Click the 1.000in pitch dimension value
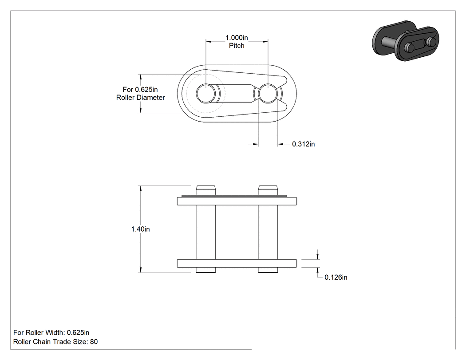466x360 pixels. pyautogui.click(x=237, y=38)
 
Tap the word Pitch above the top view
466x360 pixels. pyautogui.click(x=237, y=45)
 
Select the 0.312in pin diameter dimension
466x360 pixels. pyautogui.click(x=304, y=144)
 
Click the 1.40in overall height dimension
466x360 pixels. pyautogui.click(x=141, y=229)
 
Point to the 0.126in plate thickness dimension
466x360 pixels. pyautogui.click(x=336, y=277)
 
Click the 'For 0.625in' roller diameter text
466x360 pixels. pyautogui.click(x=140, y=90)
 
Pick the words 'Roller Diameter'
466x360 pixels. pyautogui.click(x=141, y=98)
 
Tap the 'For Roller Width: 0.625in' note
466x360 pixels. pyautogui.click(x=51, y=332)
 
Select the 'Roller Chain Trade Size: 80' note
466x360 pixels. pyautogui.click(x=55, y=342)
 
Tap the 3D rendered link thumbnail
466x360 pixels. pyautogui.click(x=406, y=41)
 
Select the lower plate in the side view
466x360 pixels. pyautogui.click(x=237, y=263)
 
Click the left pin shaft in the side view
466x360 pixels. pyautogui.click(x=205, y=232)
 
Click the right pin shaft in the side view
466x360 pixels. pyautogui.click(x=268, y=232)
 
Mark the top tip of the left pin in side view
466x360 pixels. pyautogui.click(x=205, y=186)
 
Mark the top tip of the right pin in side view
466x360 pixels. pyautogui.click(x=268, y=186)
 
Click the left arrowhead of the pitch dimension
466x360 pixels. pyautogui.click(x=209, y=42)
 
